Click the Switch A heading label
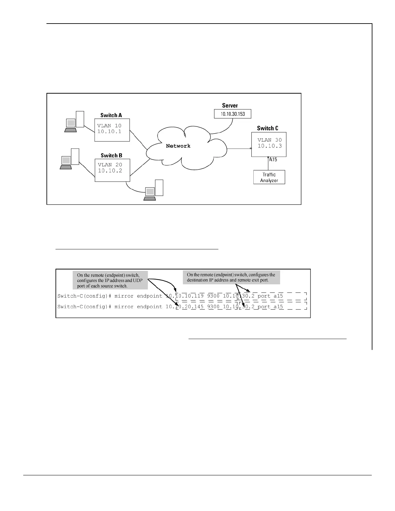pos(111,115)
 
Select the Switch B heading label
pos(111,155)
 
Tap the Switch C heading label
pos(268,128)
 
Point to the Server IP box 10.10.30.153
pos(232,114)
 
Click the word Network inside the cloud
pos(178,146)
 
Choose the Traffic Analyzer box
pos(269,177)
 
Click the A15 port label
pos(273,159)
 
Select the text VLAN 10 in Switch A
pos(109,126)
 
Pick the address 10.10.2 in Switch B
pos(110,171)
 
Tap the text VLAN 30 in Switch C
pos(269,140)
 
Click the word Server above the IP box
pos(230,105)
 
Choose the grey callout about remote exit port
pos(231,277)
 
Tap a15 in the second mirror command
pos(278,306)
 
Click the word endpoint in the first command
pos(150,296)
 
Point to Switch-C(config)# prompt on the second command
pos(84,306)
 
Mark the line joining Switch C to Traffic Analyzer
pos(268,165)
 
